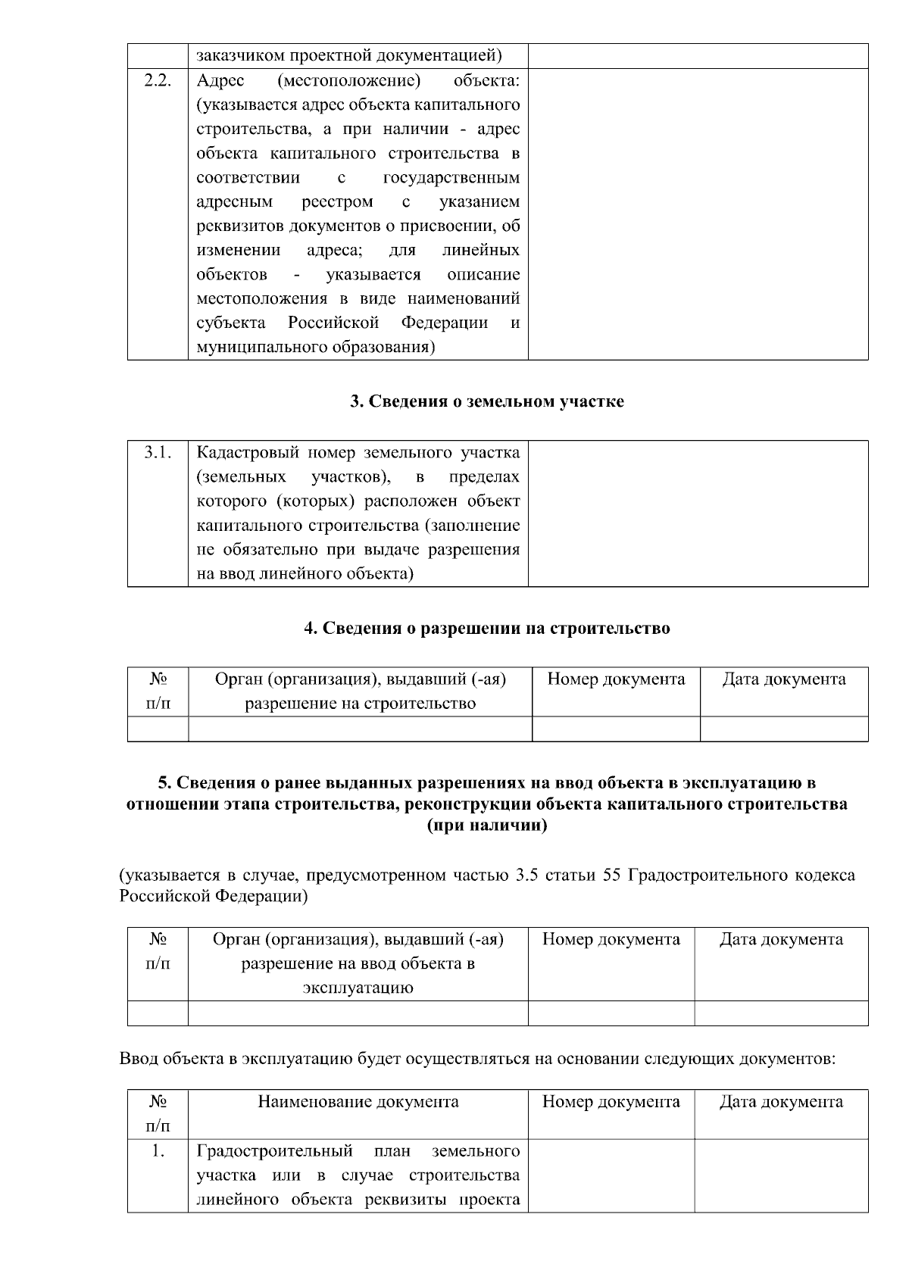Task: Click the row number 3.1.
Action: (x=158, y=454)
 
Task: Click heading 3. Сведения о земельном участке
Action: (x=487, y=402)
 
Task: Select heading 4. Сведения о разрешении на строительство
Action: (x=487, y=629)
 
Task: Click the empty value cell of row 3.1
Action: (x=698, y=513)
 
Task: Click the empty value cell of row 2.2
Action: (x=698, y=214)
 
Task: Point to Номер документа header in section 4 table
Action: (x=616, y=679)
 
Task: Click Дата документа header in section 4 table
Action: (x=784, y=679)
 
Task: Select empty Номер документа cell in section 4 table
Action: (x=616, y=729)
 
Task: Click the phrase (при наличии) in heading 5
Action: (x=487, y=826)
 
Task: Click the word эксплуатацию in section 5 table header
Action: (x=358, y=988)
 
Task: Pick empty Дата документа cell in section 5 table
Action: (x=781, y=1013)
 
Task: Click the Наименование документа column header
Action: (x=358, y=1102)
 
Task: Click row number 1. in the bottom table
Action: (x=158, y=1152)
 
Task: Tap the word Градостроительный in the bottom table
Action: (x=274, y=1152)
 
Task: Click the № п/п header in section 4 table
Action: (x=158, y=691)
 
